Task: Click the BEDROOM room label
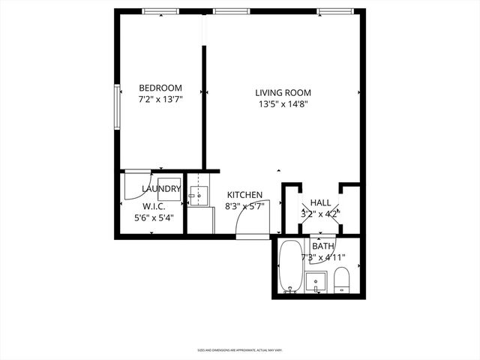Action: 160,88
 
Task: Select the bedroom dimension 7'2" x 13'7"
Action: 160,99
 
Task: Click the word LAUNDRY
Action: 160,189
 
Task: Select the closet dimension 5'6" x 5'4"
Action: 153,219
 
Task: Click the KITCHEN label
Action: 244,195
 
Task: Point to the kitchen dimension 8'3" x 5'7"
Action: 244,206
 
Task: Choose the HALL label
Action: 320,202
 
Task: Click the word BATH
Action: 323,246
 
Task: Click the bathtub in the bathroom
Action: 289,266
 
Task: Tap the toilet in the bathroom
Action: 341,279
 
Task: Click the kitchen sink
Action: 196,197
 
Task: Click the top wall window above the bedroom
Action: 160,11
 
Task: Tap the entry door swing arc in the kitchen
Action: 249,217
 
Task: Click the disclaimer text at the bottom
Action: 240,349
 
